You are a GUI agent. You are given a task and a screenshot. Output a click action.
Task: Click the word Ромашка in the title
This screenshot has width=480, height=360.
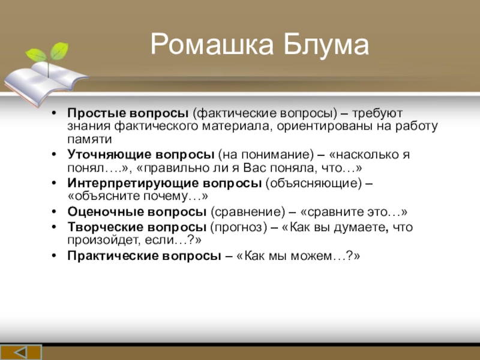212,45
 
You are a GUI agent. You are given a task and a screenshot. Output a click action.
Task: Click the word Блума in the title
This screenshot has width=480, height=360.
326,45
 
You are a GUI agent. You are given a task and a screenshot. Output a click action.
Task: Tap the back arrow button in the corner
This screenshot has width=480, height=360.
21,352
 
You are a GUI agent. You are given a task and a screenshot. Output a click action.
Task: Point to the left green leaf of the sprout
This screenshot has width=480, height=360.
36,55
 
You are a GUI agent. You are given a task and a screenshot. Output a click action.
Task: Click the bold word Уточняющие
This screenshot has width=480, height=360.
109,155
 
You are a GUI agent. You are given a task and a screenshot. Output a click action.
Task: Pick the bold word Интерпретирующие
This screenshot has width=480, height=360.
133,183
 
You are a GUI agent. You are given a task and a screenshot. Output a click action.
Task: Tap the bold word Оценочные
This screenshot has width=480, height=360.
105,212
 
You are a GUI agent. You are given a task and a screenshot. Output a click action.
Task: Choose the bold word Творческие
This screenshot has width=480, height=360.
106,227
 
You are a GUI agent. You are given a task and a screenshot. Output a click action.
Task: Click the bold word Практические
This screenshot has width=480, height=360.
112,256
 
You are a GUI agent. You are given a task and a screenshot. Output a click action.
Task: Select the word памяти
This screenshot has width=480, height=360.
89,140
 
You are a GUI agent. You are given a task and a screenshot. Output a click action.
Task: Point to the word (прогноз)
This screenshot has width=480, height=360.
239,227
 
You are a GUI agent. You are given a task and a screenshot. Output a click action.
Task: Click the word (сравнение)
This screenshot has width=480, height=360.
248,212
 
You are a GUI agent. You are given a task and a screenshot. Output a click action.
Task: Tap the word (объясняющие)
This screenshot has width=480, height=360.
313,184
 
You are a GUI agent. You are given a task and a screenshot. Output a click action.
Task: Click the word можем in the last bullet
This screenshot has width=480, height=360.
311,256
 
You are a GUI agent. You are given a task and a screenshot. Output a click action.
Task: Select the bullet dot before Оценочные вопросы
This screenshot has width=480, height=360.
54,212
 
